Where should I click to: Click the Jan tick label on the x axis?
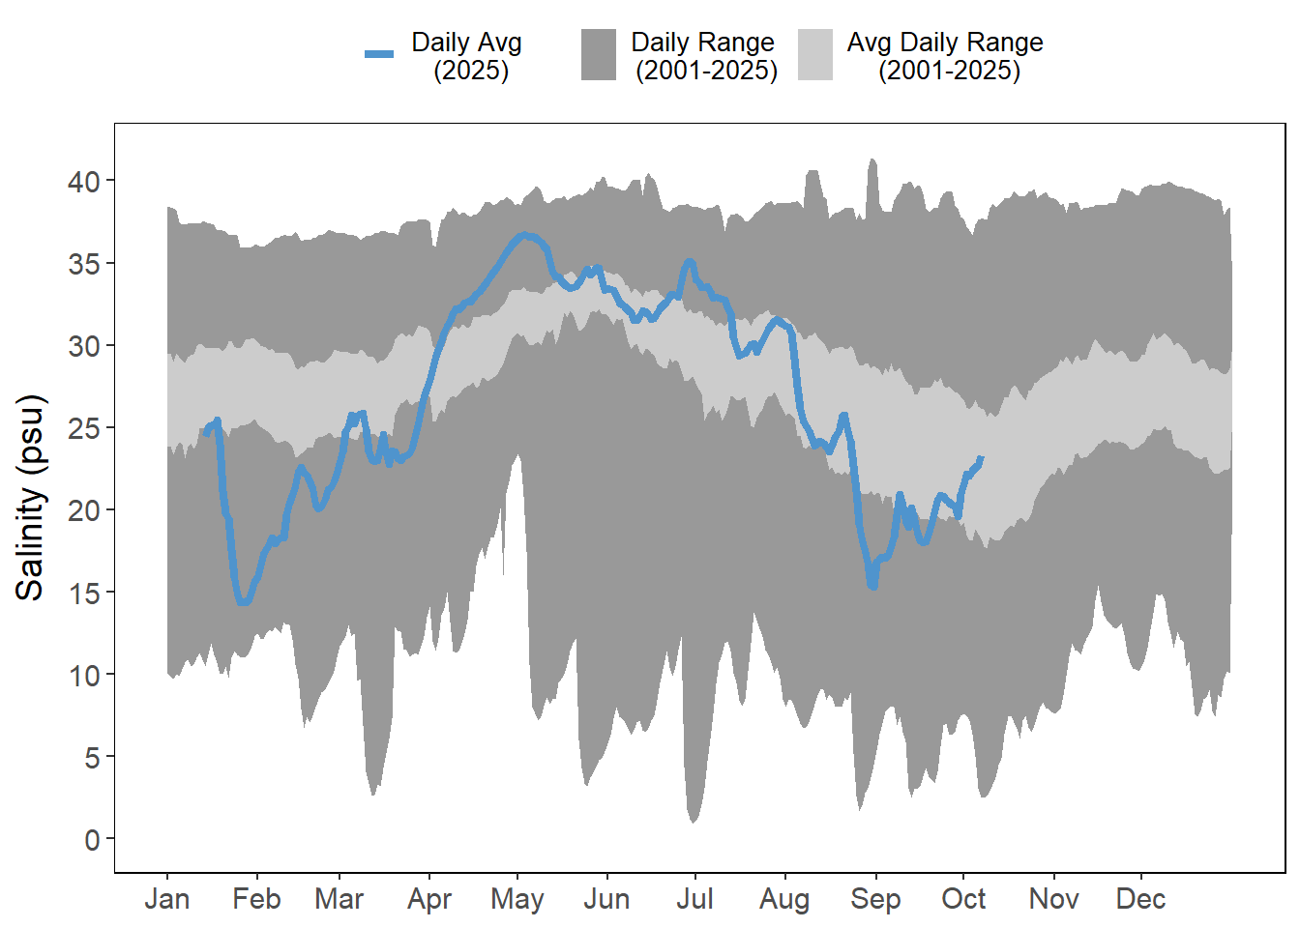(x=167, y=899)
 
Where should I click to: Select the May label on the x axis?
(x=517, y=899)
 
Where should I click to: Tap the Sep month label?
(x=875, y=899)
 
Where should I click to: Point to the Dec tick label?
(x=1140, y=899)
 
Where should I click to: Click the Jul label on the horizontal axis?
(x=694, y=899)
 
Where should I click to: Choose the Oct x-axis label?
(x=963, y=899)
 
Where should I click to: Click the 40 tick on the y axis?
(x=84, y=181)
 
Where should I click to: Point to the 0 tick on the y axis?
(x=92, y=839)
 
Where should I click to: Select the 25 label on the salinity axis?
(x=84, y=427)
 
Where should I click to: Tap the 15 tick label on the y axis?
(x=84, y=593)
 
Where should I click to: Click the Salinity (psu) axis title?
(x=31, y=498)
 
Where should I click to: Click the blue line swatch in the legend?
(x=379, y=54)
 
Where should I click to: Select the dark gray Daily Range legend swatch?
(x=599, y=54)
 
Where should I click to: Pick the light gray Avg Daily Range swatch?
(x=815, y=54)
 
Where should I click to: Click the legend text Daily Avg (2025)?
(x=467, y=56)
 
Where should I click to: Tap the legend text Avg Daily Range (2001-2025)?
(x=945, y=56)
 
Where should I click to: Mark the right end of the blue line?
(x=981, y=459)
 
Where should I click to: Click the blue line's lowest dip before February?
(x=243, y=601)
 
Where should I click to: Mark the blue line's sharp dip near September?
(x=872, y=585)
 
